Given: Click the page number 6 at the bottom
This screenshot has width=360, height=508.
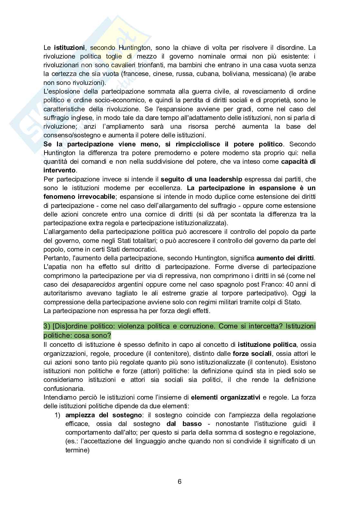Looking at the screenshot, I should coord(180,482).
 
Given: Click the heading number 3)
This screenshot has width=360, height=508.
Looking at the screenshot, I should coord(47,326).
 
